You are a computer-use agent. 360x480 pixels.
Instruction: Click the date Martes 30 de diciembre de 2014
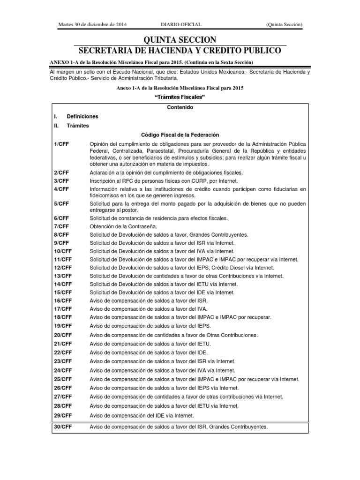pos(92,24)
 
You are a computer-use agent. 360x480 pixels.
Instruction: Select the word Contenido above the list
pos(180,107)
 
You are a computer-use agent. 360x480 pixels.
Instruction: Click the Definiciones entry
pos(82,116)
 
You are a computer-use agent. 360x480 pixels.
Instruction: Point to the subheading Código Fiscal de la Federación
pos(180,135)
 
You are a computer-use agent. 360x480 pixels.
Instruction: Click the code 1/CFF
pos(61,143)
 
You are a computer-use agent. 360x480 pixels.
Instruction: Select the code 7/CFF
pos(61,226)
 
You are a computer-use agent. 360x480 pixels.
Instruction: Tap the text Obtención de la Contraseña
pos(122,226)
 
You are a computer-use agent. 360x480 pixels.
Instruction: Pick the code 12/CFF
pos(63,268)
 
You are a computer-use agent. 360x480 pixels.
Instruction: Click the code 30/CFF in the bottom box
pos(63,427)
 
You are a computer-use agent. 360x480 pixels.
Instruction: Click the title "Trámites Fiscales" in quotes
pos(180,97)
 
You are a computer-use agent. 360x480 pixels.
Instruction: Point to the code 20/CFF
pos(63,335)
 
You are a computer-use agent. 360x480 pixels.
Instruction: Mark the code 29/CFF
pos(63,415)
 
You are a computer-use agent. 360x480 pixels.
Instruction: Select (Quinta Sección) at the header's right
pos(284,24)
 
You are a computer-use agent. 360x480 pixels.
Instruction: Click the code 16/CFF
pos(63,300)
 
